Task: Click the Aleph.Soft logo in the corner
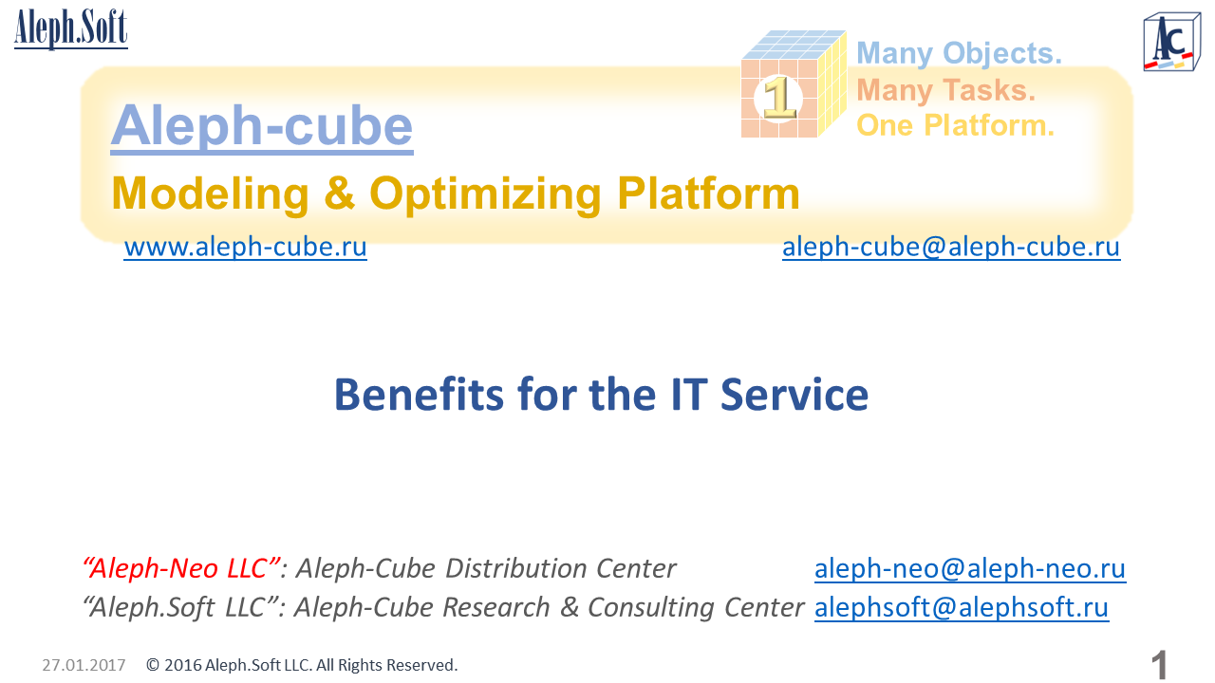coord(71,28)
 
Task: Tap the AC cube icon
coord(1171,42)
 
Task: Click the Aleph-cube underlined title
coord(262,126)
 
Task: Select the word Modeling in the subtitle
coord(211,194)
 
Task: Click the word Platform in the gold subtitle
coord(708,194)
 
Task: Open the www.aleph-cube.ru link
coord(245,248)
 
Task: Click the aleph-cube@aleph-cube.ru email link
coord(951,248)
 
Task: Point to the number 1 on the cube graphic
coord(779,98)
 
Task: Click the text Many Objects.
coord(959,54)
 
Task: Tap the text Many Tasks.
coord(946,90)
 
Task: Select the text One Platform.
coord(955,125)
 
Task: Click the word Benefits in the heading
coord(420,395)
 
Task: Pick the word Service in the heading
coord(794,395)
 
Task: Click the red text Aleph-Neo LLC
coord(182,568)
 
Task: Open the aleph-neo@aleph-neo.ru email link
coord(970,568)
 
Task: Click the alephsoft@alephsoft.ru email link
coord(962,607)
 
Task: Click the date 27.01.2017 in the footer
coord(84,665)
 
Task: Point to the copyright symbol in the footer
coord(153,665)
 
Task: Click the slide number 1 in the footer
coord(1159,665)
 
